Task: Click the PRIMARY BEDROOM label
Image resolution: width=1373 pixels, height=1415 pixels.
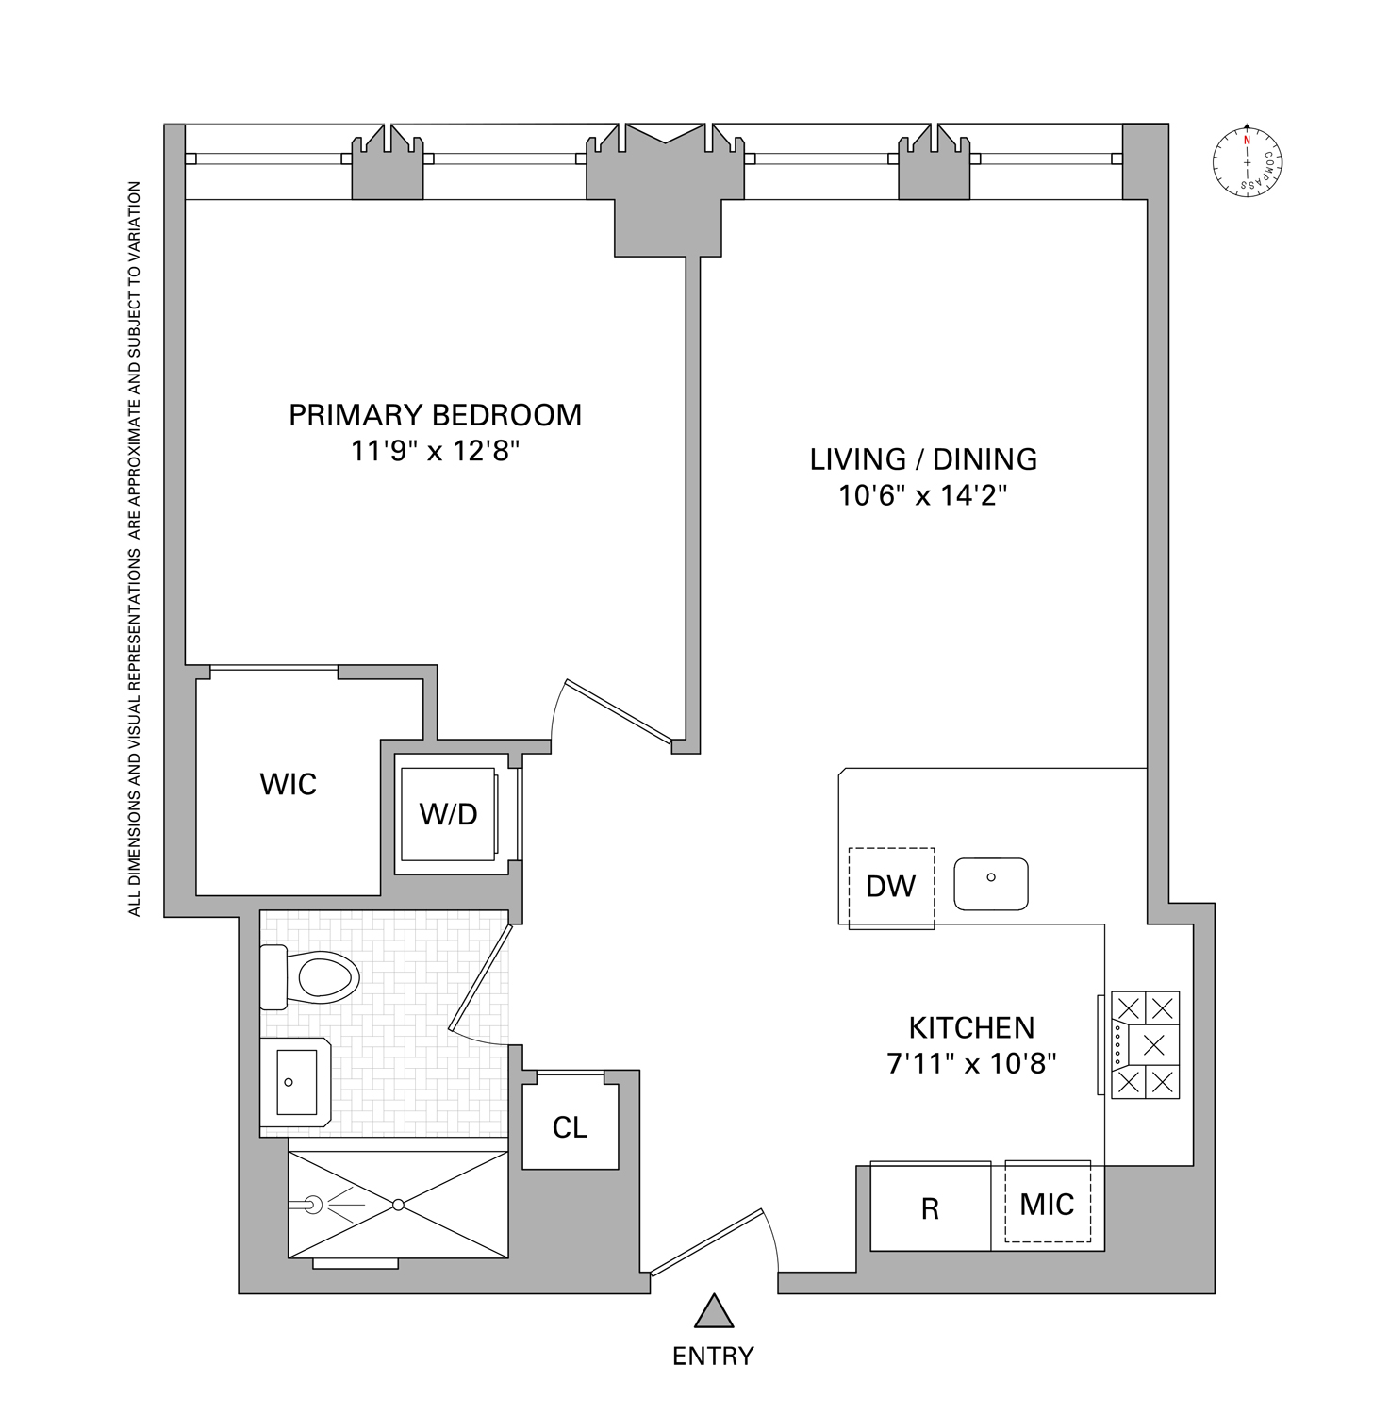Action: point(435,415)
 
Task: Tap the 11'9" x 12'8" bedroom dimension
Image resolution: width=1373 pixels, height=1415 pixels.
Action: point(435,451)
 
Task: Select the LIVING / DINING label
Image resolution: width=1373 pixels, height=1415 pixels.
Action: point(923,459)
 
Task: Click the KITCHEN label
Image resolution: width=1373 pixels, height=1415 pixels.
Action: point(971,1027)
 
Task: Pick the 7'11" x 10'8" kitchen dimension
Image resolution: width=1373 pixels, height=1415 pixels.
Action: point(971,1064)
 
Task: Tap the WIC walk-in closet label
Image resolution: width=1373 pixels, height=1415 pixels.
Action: point(288,784)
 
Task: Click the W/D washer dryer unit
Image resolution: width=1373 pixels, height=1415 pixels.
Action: point(449,814)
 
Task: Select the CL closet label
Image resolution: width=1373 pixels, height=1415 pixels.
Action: point(570,1127)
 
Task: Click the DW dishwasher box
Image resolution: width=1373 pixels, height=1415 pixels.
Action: point(891,887)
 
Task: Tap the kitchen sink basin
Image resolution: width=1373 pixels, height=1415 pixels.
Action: point(991,884)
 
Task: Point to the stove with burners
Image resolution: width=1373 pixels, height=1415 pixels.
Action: point(1145,1044)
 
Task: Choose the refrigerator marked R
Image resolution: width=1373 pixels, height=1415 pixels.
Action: point(930,1207)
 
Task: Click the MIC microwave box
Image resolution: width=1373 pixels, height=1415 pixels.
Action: point(1048,1203)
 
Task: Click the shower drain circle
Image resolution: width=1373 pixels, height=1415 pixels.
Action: point(398,1205)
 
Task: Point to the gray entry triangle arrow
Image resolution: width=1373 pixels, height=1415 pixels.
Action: point(714,1311)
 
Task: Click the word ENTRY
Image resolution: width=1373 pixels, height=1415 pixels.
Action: point(713,1357)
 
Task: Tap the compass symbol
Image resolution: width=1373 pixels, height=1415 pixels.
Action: point(1248,162)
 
